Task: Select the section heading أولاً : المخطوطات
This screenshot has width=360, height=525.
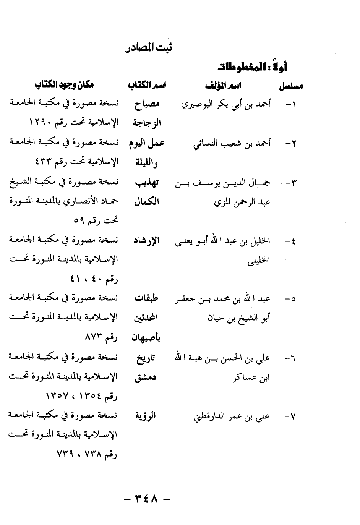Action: pos(252,67)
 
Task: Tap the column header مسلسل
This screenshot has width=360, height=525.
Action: pos(290,86)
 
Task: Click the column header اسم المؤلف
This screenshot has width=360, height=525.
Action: pos(223,86)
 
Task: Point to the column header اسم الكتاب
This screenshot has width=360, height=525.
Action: pos(146,86)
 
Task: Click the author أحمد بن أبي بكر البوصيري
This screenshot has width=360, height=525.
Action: pos(226,104)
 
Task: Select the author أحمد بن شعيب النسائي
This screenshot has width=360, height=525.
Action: pos(232,143)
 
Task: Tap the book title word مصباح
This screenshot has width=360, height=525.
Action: pos(147,104)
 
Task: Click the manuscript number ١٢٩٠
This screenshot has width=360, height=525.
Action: pos(42,123)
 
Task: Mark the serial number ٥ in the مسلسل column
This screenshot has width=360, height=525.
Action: pos(293,299)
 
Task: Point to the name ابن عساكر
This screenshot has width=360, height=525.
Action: pos(251,378)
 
